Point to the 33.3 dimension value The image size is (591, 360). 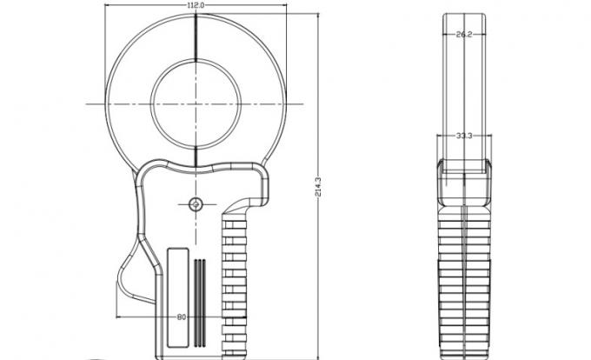click(463, 136)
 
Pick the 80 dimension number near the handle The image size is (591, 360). click(182, 317)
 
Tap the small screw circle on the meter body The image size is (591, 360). click(195, 203)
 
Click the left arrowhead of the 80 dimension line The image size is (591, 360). click(119, 317)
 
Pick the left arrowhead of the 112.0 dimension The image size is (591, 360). click(110, 6)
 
